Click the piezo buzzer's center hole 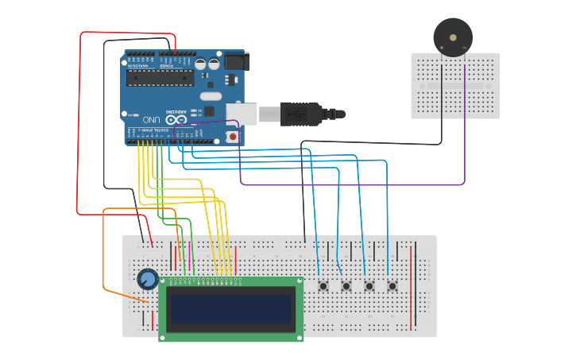click(x=453, y=37)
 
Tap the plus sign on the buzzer click(x=442, y=48)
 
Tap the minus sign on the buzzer click(x=465, y=48)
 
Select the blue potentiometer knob click(x=147, y=280)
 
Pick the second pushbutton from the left click(x=346, y=286)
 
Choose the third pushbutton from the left click(x=369, y=286)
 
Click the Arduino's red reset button click(x=233, y=137)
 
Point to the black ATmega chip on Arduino click(x=160, y=77)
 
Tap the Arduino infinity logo click(x=176, y=120)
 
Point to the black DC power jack click(x=236, y=61)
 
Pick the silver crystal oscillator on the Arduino click(x=210, y=96)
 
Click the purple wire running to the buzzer click(x=350, y=184)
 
